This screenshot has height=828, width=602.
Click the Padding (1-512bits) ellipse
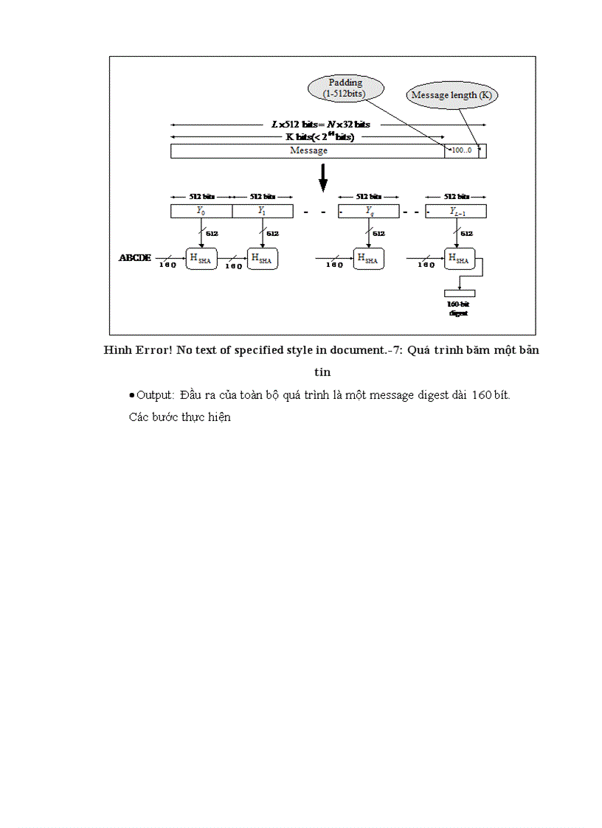point(345,88)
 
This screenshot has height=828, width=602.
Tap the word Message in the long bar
point(308,150)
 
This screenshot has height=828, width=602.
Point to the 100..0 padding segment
point(461,150)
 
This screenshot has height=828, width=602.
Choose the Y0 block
point(201,211)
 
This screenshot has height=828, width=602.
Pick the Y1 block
point(263,211)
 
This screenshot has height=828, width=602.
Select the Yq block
point(369,211)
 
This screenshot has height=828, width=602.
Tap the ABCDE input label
point(135,258)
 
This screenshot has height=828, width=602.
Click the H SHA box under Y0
point(201,258)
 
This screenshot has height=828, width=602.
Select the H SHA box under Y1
point(262,258)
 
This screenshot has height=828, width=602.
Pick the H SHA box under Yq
point(368,258)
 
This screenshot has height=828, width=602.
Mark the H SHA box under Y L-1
point(459,258)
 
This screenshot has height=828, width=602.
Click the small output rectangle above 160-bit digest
point(459,293)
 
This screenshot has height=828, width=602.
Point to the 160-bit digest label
point(458,308)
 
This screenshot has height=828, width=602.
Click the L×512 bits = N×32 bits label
point(321,125)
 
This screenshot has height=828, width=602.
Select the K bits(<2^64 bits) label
point(320,137)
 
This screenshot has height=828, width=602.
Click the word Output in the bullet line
point(153,395)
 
